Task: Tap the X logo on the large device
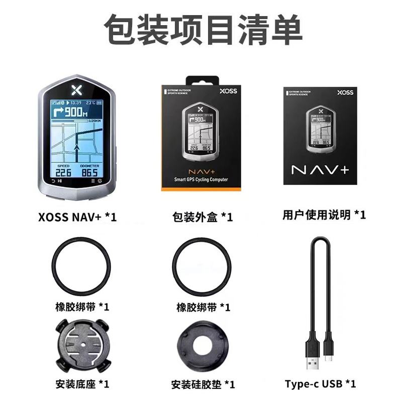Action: click(x=77, y=90)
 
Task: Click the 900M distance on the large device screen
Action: click(x=75, y=113)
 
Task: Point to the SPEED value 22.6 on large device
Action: click(x=63, y=173)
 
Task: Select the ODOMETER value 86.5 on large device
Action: click(x=90, y=173)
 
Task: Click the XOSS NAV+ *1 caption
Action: click(x=77, y=217)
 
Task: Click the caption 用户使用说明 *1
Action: click(x=324, y=215)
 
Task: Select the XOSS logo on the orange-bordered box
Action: click(x=228, y=91)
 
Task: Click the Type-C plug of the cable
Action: click(x=330, y=353)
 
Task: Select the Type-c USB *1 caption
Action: click(x=321, y=384)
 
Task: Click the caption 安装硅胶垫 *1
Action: click(x=203, y=385)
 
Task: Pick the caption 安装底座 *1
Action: click(x=82, y=384)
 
